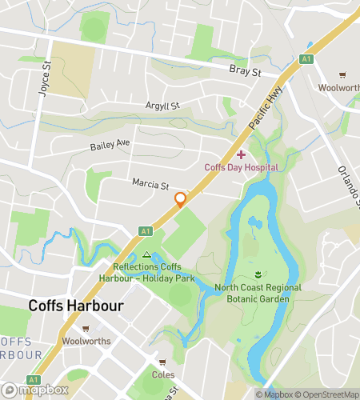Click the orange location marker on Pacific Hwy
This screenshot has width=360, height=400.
(181, 199)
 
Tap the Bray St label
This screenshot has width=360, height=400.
(246, 72)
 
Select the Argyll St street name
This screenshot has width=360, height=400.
(162, 106)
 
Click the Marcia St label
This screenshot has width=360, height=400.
(150, 185)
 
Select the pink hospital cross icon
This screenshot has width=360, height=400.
(241, 154)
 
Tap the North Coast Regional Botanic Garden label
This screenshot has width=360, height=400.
(258, 293)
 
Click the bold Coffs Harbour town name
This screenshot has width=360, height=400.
(76, 305)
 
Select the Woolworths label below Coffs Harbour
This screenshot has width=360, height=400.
(86, 342)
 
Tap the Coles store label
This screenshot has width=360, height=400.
(162, 374)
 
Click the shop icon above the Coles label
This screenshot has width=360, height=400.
(162, 362)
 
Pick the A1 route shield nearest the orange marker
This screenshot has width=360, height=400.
(145, 230)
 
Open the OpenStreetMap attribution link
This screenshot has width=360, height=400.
(329, 394)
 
